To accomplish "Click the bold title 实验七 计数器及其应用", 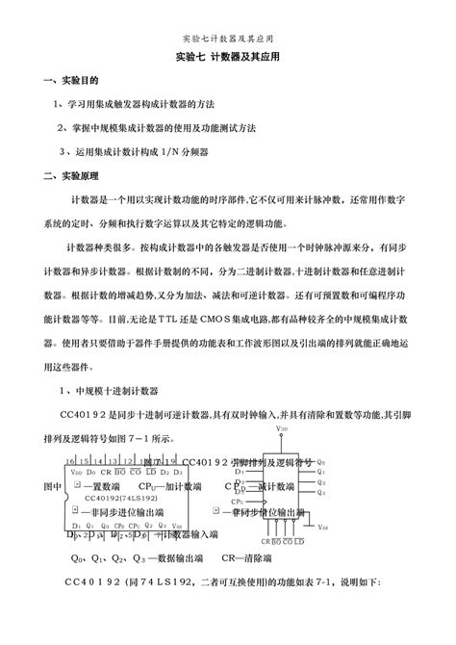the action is (x=228, y=58).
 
